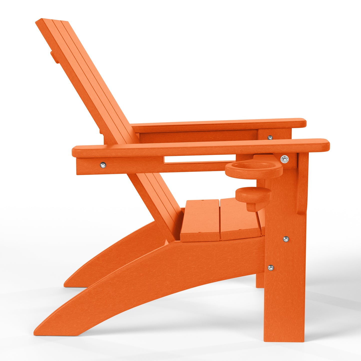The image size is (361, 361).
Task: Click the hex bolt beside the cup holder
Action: tap(284, 159)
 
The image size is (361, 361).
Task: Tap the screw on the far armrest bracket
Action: tap(270, 137)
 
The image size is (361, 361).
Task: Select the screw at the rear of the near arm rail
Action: tap(103, 165)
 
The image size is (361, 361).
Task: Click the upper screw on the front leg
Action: tap(286, 239)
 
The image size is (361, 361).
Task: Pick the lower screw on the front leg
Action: tap(270, 268)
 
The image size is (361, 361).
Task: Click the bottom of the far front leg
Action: tap(260, 285)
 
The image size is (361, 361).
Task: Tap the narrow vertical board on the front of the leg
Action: tap(303, 184)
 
